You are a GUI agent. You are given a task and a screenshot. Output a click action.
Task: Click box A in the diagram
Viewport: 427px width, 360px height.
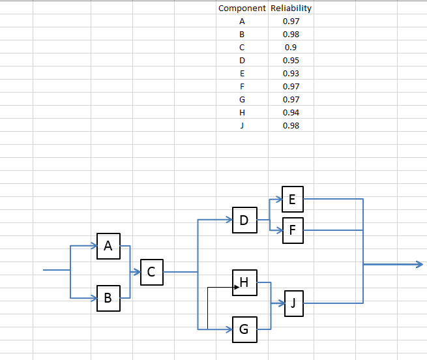tap(108, 246)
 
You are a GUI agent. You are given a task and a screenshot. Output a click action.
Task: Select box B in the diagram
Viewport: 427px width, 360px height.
tap(108, 298)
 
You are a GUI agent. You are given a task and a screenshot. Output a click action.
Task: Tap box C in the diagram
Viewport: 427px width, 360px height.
tap(152, 272)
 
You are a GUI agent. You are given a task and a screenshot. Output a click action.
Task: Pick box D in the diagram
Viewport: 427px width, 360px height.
tap(244, 220)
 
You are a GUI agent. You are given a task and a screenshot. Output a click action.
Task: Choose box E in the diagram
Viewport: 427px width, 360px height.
tap(293, 199)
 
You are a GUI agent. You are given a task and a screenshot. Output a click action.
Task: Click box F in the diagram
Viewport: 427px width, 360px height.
tap(293, 230)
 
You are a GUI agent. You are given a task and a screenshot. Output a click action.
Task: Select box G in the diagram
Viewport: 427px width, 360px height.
tap(244, 329)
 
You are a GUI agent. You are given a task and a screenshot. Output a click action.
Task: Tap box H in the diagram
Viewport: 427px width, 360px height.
tap(244, 282)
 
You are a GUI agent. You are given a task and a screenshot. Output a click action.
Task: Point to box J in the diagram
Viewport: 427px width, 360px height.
tap(294, 303)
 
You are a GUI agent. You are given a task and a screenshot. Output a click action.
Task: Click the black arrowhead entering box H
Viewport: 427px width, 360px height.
tap(237, 287)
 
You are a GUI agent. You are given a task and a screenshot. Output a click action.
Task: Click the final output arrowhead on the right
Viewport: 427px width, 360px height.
tap(420, 264)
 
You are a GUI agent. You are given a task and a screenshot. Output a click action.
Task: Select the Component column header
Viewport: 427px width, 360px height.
tap(242, 8)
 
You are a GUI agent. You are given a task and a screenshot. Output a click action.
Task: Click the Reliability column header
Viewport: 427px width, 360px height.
tap(291, 8)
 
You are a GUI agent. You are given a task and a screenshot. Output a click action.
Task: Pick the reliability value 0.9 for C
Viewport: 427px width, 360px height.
tap(291, 48)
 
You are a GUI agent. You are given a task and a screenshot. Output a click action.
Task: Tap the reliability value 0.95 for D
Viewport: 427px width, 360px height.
tap(291, 61)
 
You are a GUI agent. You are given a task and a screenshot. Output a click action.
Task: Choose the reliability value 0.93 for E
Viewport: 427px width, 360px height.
tap(291, 74)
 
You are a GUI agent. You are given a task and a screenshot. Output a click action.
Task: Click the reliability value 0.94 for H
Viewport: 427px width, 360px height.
tap(291, 113)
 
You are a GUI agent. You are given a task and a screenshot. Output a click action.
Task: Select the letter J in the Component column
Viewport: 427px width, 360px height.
tap(242, 126)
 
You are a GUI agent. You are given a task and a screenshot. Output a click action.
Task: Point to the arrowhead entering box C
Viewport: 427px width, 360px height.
tap(137, 272)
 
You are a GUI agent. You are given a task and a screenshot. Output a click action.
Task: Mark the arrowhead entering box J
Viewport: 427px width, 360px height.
tap(282, 303)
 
